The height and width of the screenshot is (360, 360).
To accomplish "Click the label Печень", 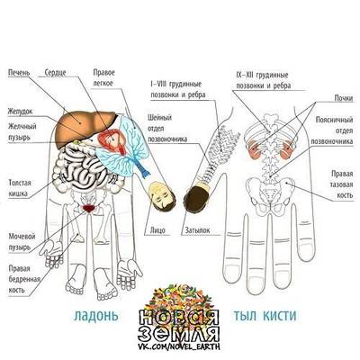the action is (19, 73).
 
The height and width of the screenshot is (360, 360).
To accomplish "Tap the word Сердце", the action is (56, 73).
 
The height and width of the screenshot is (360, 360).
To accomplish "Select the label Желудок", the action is (20, 112).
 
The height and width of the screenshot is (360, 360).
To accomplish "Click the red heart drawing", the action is (112, 140).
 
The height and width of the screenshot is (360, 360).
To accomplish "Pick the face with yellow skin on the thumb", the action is (162, 196).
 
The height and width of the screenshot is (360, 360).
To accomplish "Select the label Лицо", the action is (157, 230).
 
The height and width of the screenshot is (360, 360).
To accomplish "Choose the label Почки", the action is (344, 98).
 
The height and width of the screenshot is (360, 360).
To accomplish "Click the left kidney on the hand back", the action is (254, 148).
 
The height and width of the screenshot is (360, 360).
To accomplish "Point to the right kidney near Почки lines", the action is (287, 148).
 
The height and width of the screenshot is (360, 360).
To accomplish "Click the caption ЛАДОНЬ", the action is (95, 316).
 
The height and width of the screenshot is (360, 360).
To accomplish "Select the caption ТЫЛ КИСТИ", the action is (265, 316).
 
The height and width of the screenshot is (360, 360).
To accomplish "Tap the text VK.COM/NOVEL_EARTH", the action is (179, 346).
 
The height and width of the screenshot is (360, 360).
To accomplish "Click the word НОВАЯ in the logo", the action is (179, 318).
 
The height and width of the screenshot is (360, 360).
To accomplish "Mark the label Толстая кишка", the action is (20, 188).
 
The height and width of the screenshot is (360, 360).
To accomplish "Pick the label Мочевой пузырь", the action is (22, 242).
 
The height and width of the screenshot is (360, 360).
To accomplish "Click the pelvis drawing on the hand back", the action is (269, 195).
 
